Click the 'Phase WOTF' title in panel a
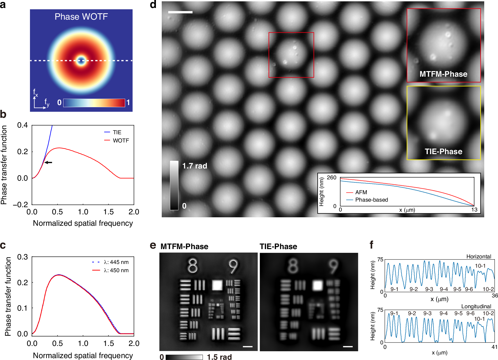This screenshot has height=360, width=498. (x=81, y=17)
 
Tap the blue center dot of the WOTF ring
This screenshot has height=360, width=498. (x=81, y=61)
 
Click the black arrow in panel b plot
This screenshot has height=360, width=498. (x=48, y=162)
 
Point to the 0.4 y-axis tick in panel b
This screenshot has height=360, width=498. (x=23, y=125)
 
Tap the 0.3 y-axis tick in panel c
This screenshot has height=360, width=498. (x=23, y=257)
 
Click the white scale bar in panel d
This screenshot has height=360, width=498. (x=180, y=12)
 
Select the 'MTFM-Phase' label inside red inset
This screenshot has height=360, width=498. (x=443, y=74)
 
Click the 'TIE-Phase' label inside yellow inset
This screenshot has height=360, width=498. (x=443, y=151)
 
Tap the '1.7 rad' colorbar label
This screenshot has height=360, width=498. (x=195, y=166)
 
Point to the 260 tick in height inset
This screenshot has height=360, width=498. (x=331, y=177)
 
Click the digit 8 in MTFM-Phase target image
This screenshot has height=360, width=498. (x=193, y=266)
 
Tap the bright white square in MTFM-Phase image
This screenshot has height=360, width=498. (x=217, y=285)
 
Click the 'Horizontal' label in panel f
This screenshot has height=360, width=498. (x=479, y=257)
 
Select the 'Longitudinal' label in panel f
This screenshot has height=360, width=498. (x=476, y=306)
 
